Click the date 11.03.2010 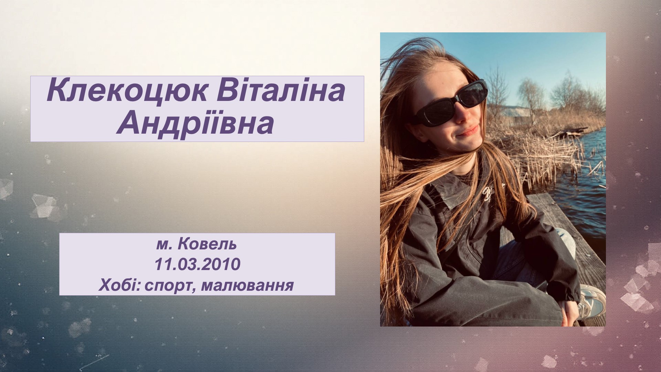(x=197, y=265)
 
